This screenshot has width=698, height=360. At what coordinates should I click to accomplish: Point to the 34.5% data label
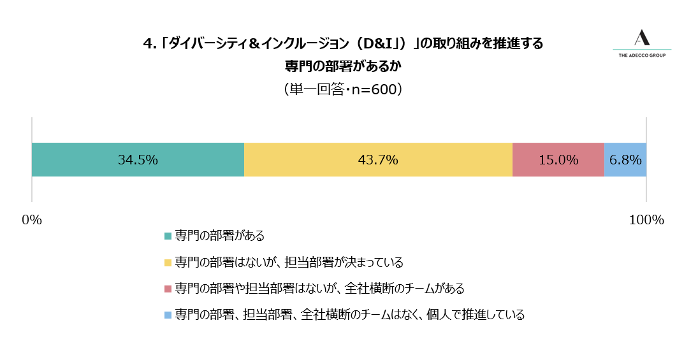click(x=138, y=160)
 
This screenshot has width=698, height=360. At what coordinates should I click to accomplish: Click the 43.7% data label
click(x=378, y=160)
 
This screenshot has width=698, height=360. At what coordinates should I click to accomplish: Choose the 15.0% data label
click(x=558, y=160)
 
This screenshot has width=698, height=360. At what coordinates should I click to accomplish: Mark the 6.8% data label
click(x=625, y=160)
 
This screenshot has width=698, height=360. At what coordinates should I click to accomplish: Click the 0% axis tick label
click(x=32, y=220)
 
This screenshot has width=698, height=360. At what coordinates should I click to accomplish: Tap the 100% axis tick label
click(x=646, y=220)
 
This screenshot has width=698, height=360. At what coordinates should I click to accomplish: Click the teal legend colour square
click(x=168, y=236)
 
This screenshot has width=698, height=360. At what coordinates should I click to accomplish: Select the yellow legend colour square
click(x=168, y=263)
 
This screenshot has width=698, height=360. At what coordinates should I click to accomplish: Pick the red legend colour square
click(x=168, y=289)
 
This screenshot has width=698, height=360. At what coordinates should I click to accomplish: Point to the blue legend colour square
click(x=168, y=315)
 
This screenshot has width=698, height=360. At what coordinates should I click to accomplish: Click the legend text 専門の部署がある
click(x=220, y=236)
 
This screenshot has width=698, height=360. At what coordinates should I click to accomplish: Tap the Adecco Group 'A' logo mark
click(x=642, y=38)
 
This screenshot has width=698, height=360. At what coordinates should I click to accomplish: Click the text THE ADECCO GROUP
click(x=642, y=55)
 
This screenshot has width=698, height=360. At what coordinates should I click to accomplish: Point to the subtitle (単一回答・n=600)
click(x=343, y=89)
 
